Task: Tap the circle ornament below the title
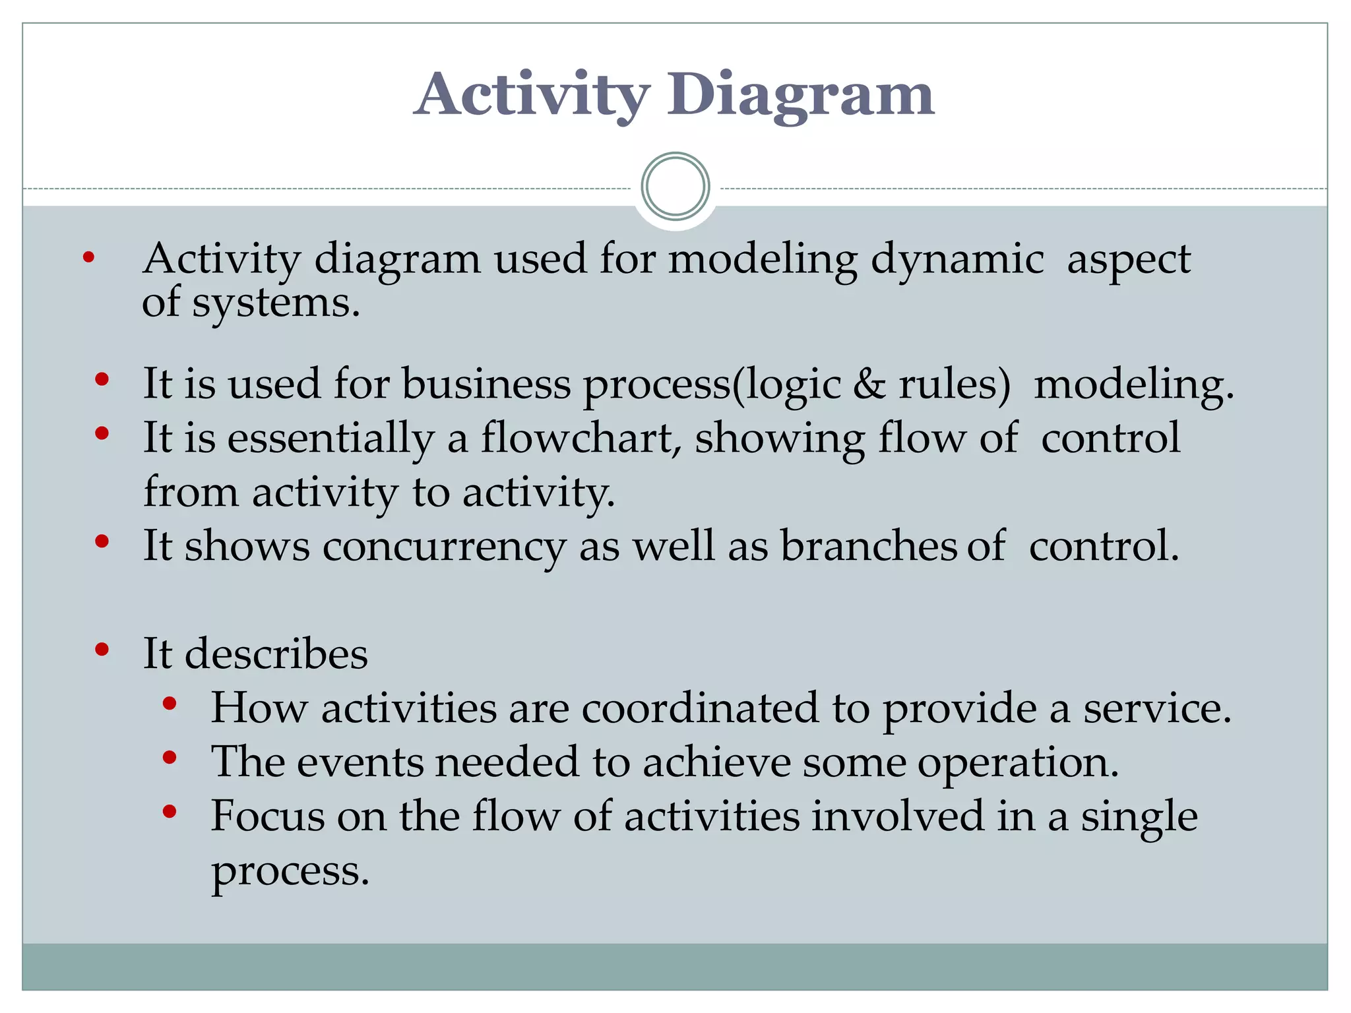[x=675, y=187]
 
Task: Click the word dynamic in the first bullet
[x=957, y=259]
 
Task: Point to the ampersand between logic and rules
[x=869, y=384]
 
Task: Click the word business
[x=486, y=384]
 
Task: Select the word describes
[x=276, y=654]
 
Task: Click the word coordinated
[x=700, y=708]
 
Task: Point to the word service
[x=1157, y=708]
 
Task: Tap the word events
[x=360, y=762]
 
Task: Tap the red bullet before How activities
[x=170, y=704]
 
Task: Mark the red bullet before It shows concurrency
[x=102, y=542]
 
